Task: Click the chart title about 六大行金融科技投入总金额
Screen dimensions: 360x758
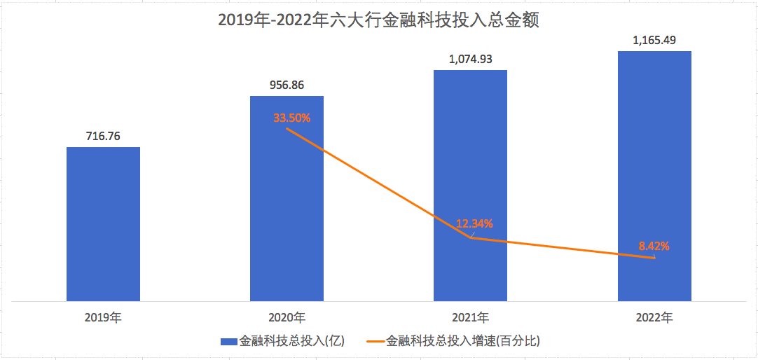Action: (x=378, y=21)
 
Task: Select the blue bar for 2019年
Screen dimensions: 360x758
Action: (x=103, y=224)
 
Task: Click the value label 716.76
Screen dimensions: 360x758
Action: (x=103, y=136)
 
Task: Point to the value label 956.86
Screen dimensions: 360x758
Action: (x=287, y=85)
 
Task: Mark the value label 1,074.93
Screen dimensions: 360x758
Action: (x=470, y=59)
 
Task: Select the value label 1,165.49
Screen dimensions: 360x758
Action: (x=654, y=40)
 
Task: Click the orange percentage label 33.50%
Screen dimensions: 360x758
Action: (x=291, y=118)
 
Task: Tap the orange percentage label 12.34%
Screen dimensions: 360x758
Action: (x=474, y=224)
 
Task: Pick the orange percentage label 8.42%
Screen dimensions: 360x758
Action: (x=654, y=246)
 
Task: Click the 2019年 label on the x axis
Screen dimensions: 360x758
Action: (x=103, y=317)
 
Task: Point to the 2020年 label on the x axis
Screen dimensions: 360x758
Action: (x=287, y=317)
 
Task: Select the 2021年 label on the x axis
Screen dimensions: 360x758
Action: (x=470, y=317)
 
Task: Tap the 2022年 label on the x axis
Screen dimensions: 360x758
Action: (x=654, y=317)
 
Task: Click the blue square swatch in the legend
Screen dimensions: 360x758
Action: (x=229, y=342)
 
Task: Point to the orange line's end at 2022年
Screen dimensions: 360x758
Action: (x=654, y=258)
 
